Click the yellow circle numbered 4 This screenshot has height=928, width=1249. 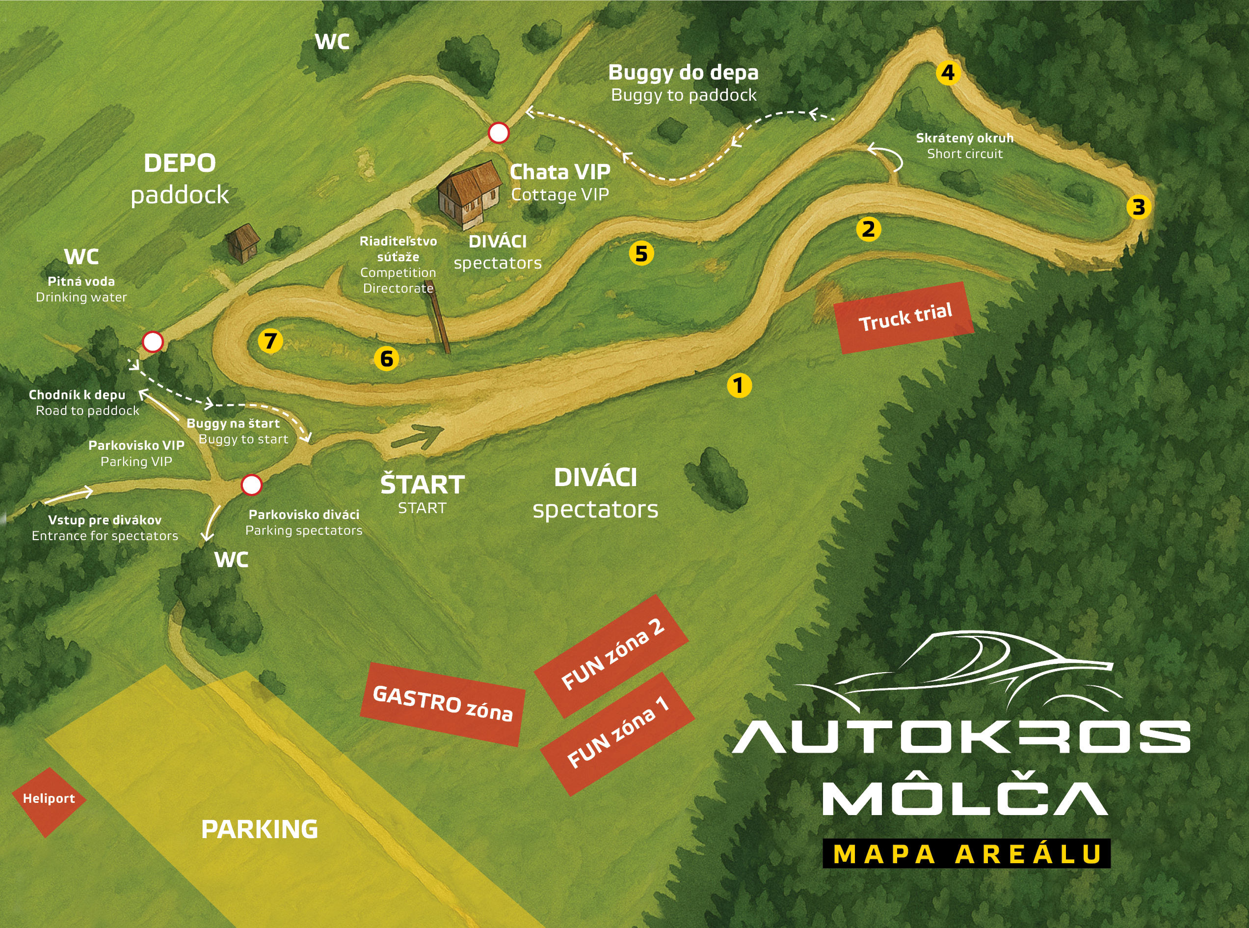pos(948,73)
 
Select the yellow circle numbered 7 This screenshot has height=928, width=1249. pos(270,340)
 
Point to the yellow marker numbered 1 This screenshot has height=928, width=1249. pos(739,385)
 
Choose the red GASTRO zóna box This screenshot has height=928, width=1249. pos(442,704)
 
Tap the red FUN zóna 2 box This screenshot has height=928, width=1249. pos(612,656)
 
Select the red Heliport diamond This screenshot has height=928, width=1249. pos(49,799)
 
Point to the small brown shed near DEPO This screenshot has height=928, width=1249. pos(243,243)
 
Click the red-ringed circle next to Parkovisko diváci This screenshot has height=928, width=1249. pos(251,485)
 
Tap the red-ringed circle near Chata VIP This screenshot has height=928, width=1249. pos(499,133)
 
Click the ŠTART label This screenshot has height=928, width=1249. pos(422,484)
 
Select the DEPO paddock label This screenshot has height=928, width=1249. pos(180,179)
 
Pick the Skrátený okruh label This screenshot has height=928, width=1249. pos(964,137)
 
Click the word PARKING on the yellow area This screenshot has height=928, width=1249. pos(259,829)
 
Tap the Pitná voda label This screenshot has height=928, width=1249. pos(81,281)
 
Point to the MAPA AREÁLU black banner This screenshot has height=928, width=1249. pos(967,854)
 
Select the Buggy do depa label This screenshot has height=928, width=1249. pos(683,73)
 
